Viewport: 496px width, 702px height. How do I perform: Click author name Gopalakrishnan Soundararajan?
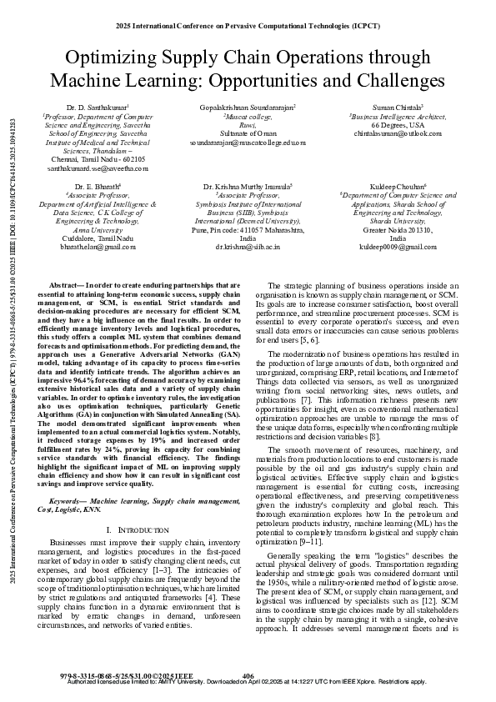248,108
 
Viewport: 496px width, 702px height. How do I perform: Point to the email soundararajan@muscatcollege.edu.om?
248,143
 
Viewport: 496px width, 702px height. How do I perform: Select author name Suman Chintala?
398,108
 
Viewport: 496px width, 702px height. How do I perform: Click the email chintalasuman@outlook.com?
398,133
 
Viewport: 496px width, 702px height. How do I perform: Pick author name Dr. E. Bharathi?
98,186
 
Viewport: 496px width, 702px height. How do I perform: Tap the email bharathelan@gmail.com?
98,247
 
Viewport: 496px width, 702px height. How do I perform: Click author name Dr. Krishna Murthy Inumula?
248,186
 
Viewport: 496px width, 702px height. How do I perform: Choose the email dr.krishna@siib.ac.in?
248,247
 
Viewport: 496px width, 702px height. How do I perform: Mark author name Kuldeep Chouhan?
398,186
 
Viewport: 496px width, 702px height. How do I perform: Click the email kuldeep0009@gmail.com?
398,247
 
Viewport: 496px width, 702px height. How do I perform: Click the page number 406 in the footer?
248,674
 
